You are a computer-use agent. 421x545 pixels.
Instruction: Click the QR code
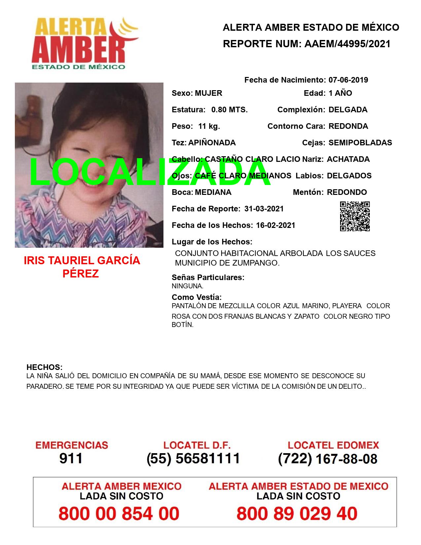click(355, 216)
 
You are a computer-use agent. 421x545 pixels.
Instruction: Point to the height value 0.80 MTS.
click(229, 110)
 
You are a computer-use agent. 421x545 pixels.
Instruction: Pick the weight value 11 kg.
click(209, 126)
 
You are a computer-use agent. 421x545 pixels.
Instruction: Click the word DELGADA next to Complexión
click(348, 110)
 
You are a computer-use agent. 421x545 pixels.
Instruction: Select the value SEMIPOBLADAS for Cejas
click(360, 143)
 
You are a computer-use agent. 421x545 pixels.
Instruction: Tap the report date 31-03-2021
click(264, 209)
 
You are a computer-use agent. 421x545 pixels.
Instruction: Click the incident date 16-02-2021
click(275, 225)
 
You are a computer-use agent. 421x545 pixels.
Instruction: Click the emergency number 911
click(71, 458)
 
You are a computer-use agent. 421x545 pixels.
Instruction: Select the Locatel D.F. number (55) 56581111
click(193, 458)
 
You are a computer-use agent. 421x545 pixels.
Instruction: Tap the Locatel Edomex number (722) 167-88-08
click(328, 458)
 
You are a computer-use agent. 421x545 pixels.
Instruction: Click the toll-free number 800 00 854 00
click(119, 514)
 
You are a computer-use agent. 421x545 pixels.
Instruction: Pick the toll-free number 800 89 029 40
click(297, 514)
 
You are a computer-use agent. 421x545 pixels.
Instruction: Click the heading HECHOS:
click(44, 367)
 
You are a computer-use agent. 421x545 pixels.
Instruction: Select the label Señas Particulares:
click(208, 277)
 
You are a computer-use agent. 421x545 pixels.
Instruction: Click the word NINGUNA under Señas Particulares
click(187, 286)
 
